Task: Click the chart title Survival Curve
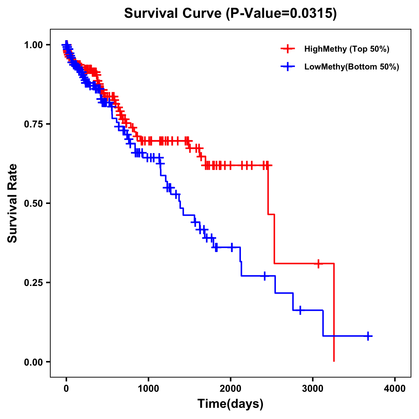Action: pyautogui.click(x=173, y=14)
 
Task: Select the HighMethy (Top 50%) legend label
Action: pyautogui.click(x=346, y=49)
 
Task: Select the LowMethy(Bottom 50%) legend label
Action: pyautogui.click(x=351, y=67)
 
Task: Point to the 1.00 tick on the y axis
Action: pyautogui.click(x=33, y=45)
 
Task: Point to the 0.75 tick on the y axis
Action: pyautogui.click(x=33, y=124)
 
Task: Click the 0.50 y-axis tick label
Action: pyautogui.click(x=33, y=203)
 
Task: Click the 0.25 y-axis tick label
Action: pyautogui.click(x=33, y=282)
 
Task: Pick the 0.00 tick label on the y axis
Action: pyautogui.click(x=33, y=362)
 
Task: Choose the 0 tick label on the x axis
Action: pyautogui.click(x=66, y=389)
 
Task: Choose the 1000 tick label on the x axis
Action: pyautogui.click(x=148, y=389)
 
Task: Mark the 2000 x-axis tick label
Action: pyautogui.click(x=230, y=389)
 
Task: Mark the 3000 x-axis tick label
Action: pyautogui.click(x=313, y=389)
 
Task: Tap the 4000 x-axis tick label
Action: pyautogui.click(x=395, y=389)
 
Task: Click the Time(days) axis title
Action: pyautogui.click(x=230, y=404)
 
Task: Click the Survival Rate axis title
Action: pyautogui.click(x=13, y=203)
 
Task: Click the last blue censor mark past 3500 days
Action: pyautogui.click(x=368, y=336)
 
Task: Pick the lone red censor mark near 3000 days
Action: pyautogui.click(x=318, y=264)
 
